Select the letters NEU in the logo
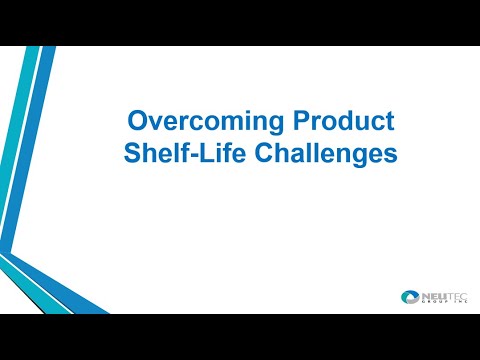[x=428, y=294]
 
